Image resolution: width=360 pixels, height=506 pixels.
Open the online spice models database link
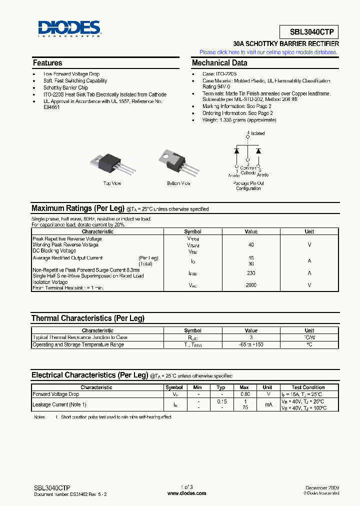[268, 52]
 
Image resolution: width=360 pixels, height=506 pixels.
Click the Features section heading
[47, 63]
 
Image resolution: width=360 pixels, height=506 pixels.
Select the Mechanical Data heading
[219, 63]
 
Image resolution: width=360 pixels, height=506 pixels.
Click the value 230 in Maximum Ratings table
[251, 273]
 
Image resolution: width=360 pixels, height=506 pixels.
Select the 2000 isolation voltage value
[251, 285]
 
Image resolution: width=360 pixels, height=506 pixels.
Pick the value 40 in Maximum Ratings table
[251, 245]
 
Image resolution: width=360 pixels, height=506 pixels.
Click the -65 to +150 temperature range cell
[251, 344]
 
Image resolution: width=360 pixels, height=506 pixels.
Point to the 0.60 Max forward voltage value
[244, 394]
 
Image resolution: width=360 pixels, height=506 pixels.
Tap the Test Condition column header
[308, 387]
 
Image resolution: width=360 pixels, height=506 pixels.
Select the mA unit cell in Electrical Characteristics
[267, 404]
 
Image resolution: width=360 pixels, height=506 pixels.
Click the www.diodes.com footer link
[186, 493]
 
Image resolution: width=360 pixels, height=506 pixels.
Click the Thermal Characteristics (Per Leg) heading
[88, 318]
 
